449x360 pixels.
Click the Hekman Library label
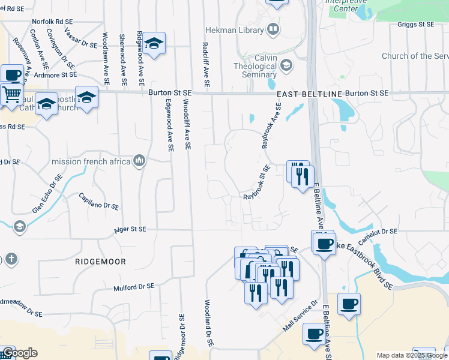[234, 30]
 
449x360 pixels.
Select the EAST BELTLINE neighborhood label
[309, 94]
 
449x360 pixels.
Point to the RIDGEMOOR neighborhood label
[92, 262]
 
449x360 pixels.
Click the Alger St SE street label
[130, 229]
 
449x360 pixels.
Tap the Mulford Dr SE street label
[134, 288]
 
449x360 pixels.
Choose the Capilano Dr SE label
[99, 201]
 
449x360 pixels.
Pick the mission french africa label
[91, 161]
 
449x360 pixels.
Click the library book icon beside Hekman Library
[273, 29]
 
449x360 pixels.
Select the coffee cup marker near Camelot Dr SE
[325, 243]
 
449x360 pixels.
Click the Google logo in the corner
[19, 353]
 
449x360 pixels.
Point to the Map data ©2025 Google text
[412, 355]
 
